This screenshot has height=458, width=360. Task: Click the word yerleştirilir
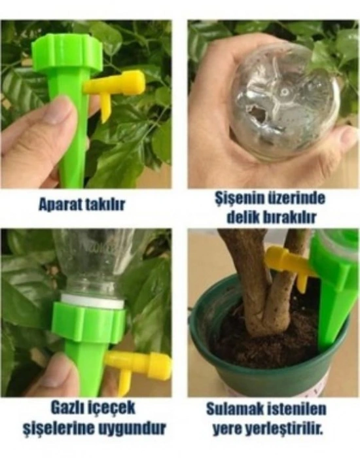[x=289, y=429]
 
